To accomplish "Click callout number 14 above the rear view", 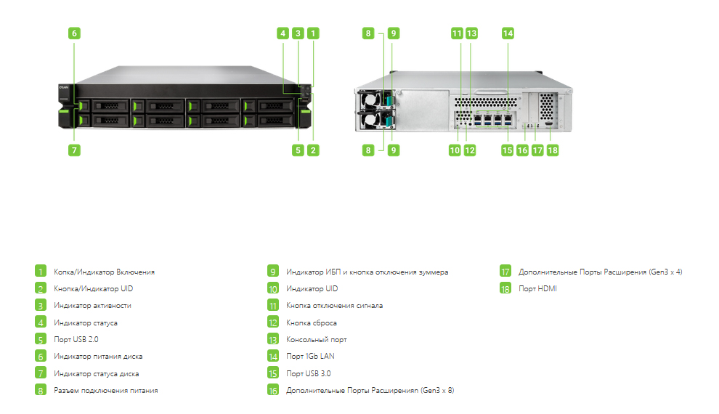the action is click(508, 33).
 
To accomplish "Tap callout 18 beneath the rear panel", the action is click(553, 150).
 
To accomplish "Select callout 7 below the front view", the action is click(74, 150).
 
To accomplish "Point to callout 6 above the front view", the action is click(74, 33).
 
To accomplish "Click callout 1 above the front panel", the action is click(313, 33).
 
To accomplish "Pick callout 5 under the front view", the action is click(298, 150).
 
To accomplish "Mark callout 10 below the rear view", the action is click(455, 150).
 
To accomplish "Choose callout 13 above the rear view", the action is click(471, 33).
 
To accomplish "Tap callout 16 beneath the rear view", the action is click(522, 150).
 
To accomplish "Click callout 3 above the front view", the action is click(298, 33).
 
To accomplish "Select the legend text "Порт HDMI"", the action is click(537, 288).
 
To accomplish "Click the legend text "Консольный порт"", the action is click(317, 340).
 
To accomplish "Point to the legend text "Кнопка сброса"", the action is click(312, 322).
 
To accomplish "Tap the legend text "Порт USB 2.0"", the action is click(76, 340).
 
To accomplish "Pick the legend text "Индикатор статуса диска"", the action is click(97, 373).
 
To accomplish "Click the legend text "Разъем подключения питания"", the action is click(106, 391).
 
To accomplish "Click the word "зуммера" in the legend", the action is click(434, 272).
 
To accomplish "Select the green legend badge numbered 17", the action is click(505, 272).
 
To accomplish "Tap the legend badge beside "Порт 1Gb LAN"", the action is click(273, 356).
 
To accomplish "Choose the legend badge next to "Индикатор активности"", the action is click(41, 305).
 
